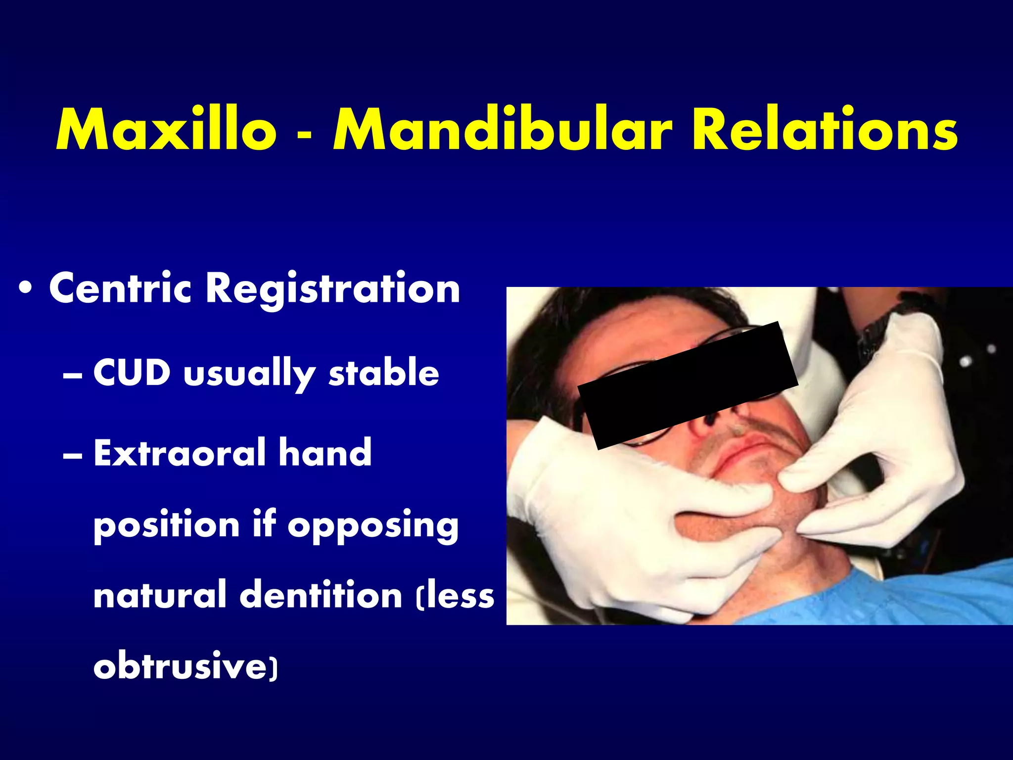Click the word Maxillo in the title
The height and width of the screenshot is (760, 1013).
pyautogui.click(x=166, y=130)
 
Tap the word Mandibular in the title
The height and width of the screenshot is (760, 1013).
pyautogui.click(x=503, y=130)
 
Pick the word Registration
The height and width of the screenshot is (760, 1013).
pyautogui.click(x=333, y=289)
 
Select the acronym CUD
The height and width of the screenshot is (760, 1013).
pyautogui.click(x=132, y=372)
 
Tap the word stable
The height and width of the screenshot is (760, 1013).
pyautogui.click(x=384, y=372)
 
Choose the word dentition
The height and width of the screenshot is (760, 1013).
pyautogui.click(x=321, y=595)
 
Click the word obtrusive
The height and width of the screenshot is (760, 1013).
pyautogui.click(x=180, y=666)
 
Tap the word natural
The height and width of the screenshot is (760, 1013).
pyautogui.click(x=160, y=595)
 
